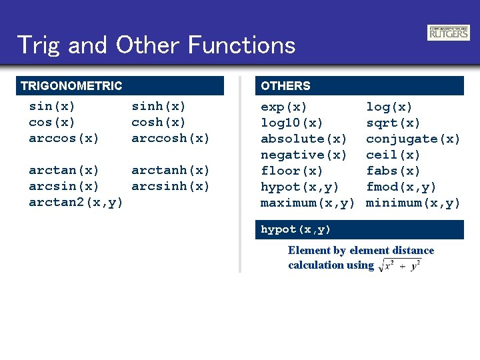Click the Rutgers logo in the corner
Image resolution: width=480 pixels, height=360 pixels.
point(448,32)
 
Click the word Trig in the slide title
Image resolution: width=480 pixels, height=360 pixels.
point(39,45)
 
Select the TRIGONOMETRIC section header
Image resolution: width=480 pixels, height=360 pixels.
point(71,86)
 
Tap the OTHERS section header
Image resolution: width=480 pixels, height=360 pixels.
point(285,86)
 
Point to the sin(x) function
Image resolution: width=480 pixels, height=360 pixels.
point(52,106)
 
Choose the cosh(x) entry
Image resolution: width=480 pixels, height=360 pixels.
point(159,122)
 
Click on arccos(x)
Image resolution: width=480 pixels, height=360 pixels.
point(64,139)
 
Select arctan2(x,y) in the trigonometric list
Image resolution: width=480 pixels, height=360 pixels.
point(76,203)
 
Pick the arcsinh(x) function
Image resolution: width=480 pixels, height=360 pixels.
point(171,187)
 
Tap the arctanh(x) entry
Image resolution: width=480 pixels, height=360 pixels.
point(171,171)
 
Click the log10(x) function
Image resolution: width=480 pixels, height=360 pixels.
point(292,123)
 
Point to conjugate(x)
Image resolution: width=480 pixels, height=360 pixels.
point(413,139)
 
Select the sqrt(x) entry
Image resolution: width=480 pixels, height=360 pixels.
point(393,123)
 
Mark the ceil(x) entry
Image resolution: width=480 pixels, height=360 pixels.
point(393,155)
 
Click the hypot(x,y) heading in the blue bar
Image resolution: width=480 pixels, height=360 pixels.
point(296,229)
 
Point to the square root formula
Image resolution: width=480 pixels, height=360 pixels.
point(399,265)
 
